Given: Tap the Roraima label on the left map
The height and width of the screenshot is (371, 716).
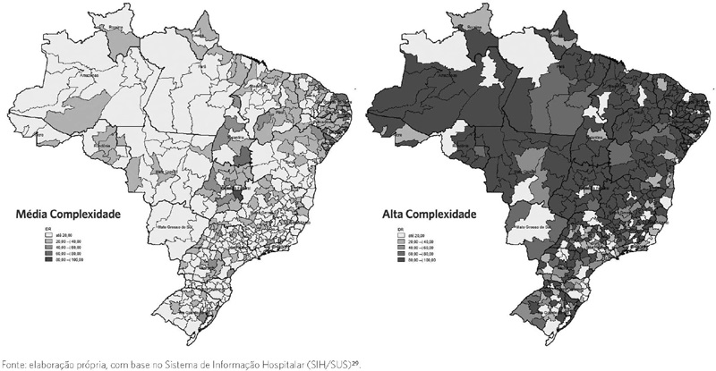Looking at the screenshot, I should (115, 28).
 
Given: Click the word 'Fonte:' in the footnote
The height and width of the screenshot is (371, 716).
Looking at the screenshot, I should (14, 364).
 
